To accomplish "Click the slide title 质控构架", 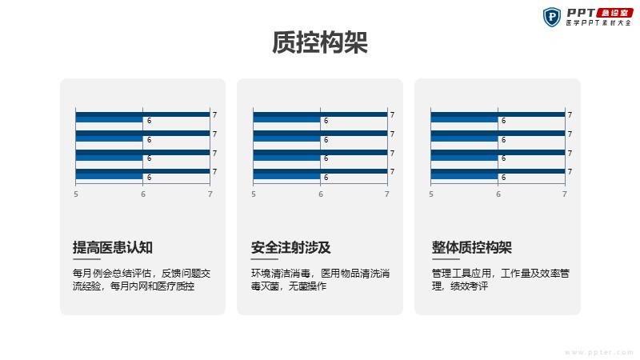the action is [x=320, y=42].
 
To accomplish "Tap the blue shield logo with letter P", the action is [x=552, y=17].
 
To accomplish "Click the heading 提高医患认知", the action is [x=113, y=247].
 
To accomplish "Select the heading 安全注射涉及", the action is [x=290, y=247].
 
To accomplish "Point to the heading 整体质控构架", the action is [x=472, y=247].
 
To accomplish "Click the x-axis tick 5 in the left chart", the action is [x=76, y=194].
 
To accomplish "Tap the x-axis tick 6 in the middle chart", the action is [x=321, y=194].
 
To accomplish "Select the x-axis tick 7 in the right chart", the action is [x=565, y=194].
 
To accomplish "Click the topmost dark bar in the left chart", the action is [x=143, y=114].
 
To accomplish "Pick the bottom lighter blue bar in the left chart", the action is [x=110, y=176].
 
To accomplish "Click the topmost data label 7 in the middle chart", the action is [x=392, y=115].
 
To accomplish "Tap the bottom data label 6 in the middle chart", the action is [x=326, y=178].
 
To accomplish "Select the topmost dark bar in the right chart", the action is [x=498, y=114].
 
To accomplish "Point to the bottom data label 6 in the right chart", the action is [x=503, y=178].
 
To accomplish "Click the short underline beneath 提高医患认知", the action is [x=86, y=259].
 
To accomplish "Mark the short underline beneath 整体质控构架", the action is [x=446, y=259].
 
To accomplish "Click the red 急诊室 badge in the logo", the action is [x=615, y=13].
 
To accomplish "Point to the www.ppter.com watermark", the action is [x=598, y=352].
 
